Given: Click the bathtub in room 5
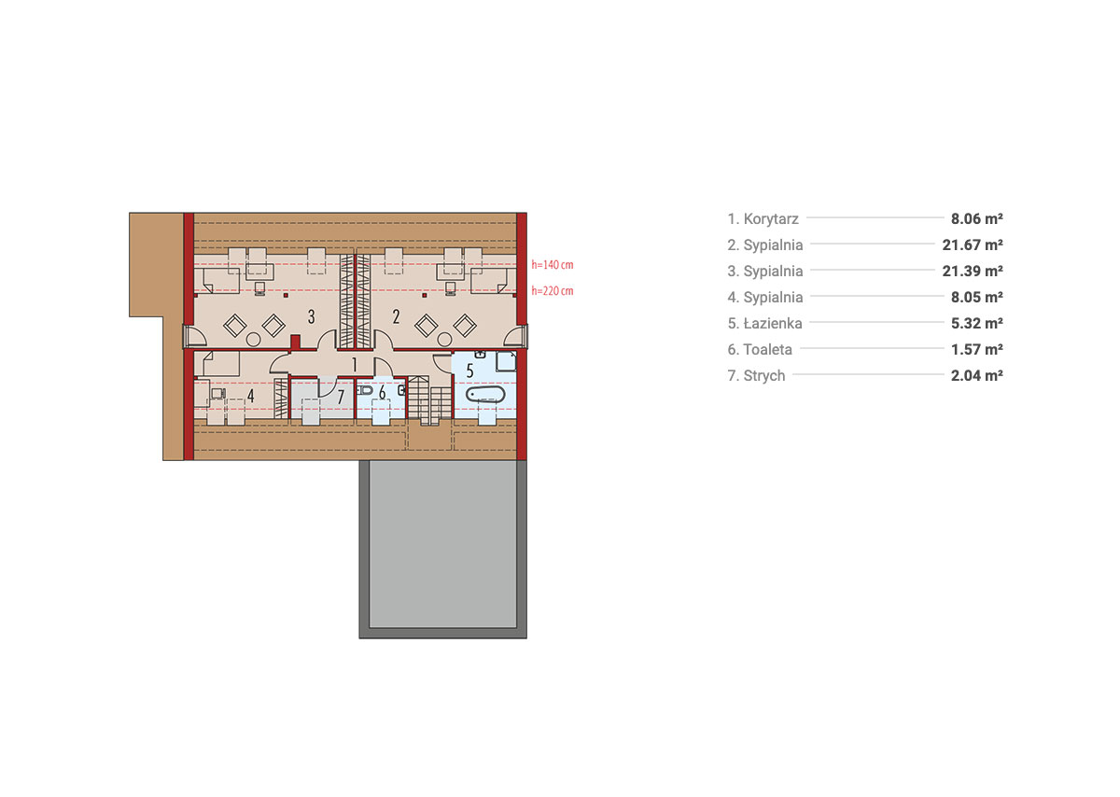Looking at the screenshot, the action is [x=485, y=394].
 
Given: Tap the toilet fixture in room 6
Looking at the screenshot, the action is [x=365, y=390].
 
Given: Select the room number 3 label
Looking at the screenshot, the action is [x=311, y=316].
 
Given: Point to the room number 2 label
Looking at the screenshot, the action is [x=396, y=316].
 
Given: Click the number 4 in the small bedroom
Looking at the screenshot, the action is [x=250, y=396].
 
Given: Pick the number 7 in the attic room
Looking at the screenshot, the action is [x=341, y=397].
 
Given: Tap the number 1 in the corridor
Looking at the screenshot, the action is [x=355, y=365].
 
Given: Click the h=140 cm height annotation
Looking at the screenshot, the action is [x=552, y=264].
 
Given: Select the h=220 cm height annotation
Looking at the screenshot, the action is [x=552, y=290].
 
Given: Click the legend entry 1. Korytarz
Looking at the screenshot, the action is [x=763, y=219].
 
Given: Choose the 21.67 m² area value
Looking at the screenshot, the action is [x=973, y=245].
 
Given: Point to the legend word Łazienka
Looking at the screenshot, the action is [x=773, y=324].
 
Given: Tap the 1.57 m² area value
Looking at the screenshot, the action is [x=977, y=349].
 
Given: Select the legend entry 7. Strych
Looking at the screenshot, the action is [x=757, y=375].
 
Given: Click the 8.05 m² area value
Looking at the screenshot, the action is [x=977, y=297].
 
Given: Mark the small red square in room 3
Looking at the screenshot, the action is [x=286, y=296].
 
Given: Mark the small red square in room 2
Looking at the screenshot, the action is [x=425, y=296].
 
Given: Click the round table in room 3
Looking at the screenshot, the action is [x=254, y=340].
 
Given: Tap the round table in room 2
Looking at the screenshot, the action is [x=444, y=340].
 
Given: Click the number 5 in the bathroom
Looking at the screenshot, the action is [x=469, y=371].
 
